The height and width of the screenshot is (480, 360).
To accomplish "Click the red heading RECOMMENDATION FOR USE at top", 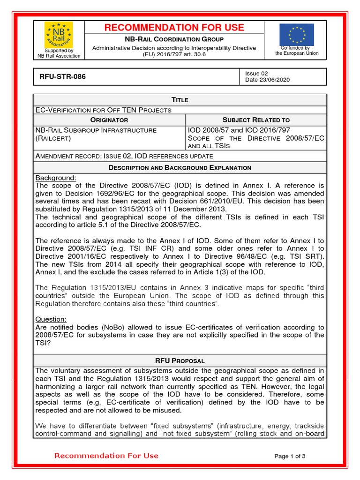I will click(174, 28).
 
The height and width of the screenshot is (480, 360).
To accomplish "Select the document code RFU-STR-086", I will click(60, 76).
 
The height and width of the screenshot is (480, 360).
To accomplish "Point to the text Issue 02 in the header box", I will click(256, 73).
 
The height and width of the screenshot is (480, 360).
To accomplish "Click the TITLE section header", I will click(180, 100).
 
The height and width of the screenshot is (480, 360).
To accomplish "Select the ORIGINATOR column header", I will click(109, 120).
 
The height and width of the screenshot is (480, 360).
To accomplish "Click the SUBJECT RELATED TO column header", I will click(256, 120).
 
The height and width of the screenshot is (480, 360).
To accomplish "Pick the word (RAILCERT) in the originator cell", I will click(53, 139).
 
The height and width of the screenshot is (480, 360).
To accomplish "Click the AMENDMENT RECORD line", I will click(124, 156).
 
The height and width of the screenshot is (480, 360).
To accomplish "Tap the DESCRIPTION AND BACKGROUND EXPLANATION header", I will click(180, 168).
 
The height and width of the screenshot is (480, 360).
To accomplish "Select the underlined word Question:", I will click(51, 319).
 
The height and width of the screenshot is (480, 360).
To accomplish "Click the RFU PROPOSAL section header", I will click(180, 361).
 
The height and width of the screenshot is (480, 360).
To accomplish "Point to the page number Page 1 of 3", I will click(290, 456).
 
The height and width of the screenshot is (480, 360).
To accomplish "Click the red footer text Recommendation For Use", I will click(106, 456).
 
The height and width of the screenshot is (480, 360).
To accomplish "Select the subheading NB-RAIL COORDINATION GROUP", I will click(174, 39).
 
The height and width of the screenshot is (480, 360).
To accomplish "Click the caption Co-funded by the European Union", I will click(297, 51).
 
